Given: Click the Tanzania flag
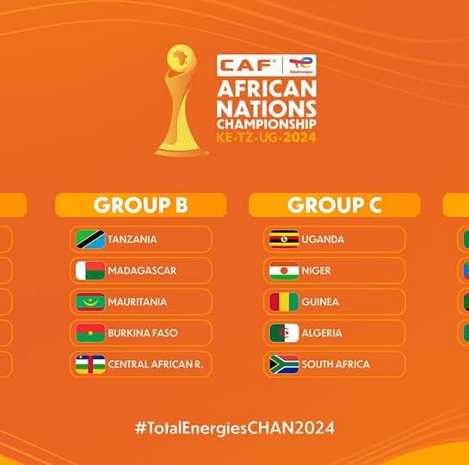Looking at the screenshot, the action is click(x=90, y=239).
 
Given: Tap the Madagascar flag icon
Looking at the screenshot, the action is click(x=90, y=270).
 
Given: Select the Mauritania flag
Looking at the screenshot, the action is click(x=90, y=301).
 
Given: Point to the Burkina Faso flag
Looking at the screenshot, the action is click(x=90, y=332).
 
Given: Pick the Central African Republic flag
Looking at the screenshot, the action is click(x=90, y=364).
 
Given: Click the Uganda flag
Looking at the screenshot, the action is click(x=284, y=239).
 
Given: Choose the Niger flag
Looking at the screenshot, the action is click(x=284, y=270).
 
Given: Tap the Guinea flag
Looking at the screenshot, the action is click(x=284, y=301).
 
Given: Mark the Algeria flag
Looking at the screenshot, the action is click(x=284, y=332).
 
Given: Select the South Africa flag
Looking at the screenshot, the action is click(x=284, y=364).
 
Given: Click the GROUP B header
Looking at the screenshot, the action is click(x=141, y=205).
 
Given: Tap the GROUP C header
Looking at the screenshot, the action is click(x=335, y=205).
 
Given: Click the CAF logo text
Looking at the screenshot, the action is click(x=248, y=65).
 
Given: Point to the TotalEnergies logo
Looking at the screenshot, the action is click(x=300, y=65).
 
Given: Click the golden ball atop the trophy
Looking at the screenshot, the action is click(x=182, y=57).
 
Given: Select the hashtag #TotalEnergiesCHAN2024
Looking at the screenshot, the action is click(x=234, y=428).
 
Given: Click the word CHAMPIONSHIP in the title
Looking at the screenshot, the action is click(x=267, y=124).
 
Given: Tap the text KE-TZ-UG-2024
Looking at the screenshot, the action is click(x=266, y=138).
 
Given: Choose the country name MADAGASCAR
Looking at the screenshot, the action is click(x=142, y=270).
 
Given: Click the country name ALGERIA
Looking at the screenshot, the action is click(x=322, y=333).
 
